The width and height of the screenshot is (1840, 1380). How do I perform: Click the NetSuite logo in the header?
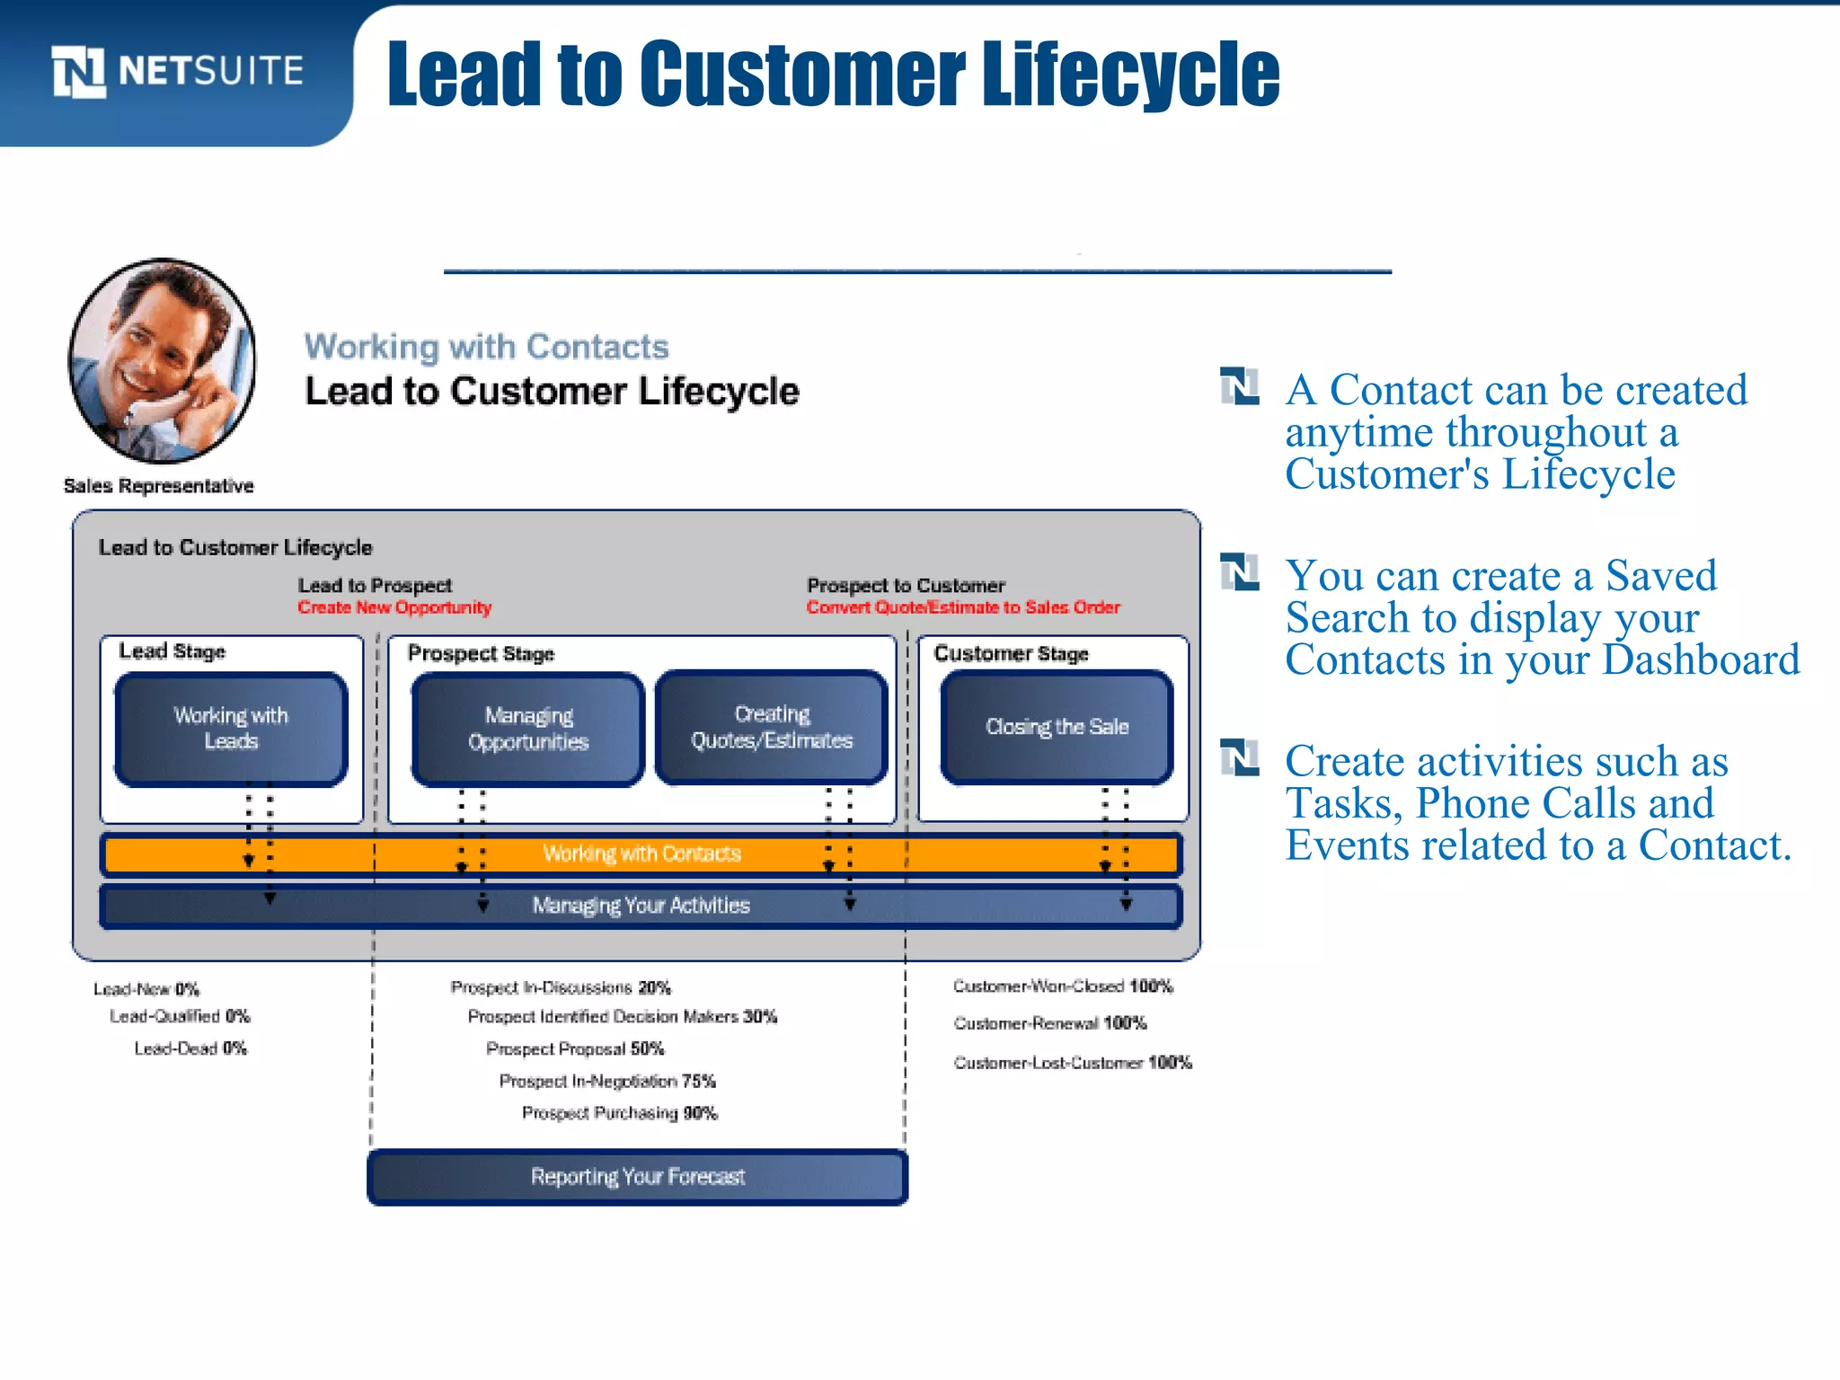177,71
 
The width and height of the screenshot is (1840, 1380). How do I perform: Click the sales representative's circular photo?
162,361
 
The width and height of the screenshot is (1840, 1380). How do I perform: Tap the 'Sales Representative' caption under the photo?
159,486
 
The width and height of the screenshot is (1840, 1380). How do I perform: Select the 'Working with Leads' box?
231,729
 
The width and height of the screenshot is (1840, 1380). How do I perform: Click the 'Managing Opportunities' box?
528,729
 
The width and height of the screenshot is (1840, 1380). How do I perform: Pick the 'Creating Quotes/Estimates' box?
772,727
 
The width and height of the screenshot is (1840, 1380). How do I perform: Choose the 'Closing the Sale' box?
1057,727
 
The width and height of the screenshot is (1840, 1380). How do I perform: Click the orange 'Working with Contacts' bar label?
641,854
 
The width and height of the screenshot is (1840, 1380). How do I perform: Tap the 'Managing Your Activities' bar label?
641,905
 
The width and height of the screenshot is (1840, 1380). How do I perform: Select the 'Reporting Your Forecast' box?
638,1177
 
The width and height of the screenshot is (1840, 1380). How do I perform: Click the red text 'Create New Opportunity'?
394,607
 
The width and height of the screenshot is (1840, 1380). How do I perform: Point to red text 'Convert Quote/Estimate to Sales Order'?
963,607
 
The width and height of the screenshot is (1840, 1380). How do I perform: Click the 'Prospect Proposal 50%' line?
575,1048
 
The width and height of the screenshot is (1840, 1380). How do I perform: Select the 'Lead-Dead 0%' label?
190,1048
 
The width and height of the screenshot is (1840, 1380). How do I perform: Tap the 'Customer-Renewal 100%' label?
1050,1023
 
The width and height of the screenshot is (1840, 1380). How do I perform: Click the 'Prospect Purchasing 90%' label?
620,1113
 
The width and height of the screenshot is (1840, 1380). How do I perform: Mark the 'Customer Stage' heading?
1011,653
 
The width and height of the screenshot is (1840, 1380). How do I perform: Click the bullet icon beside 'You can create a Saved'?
1240,572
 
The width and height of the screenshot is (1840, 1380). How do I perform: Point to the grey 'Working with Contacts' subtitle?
486,347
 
